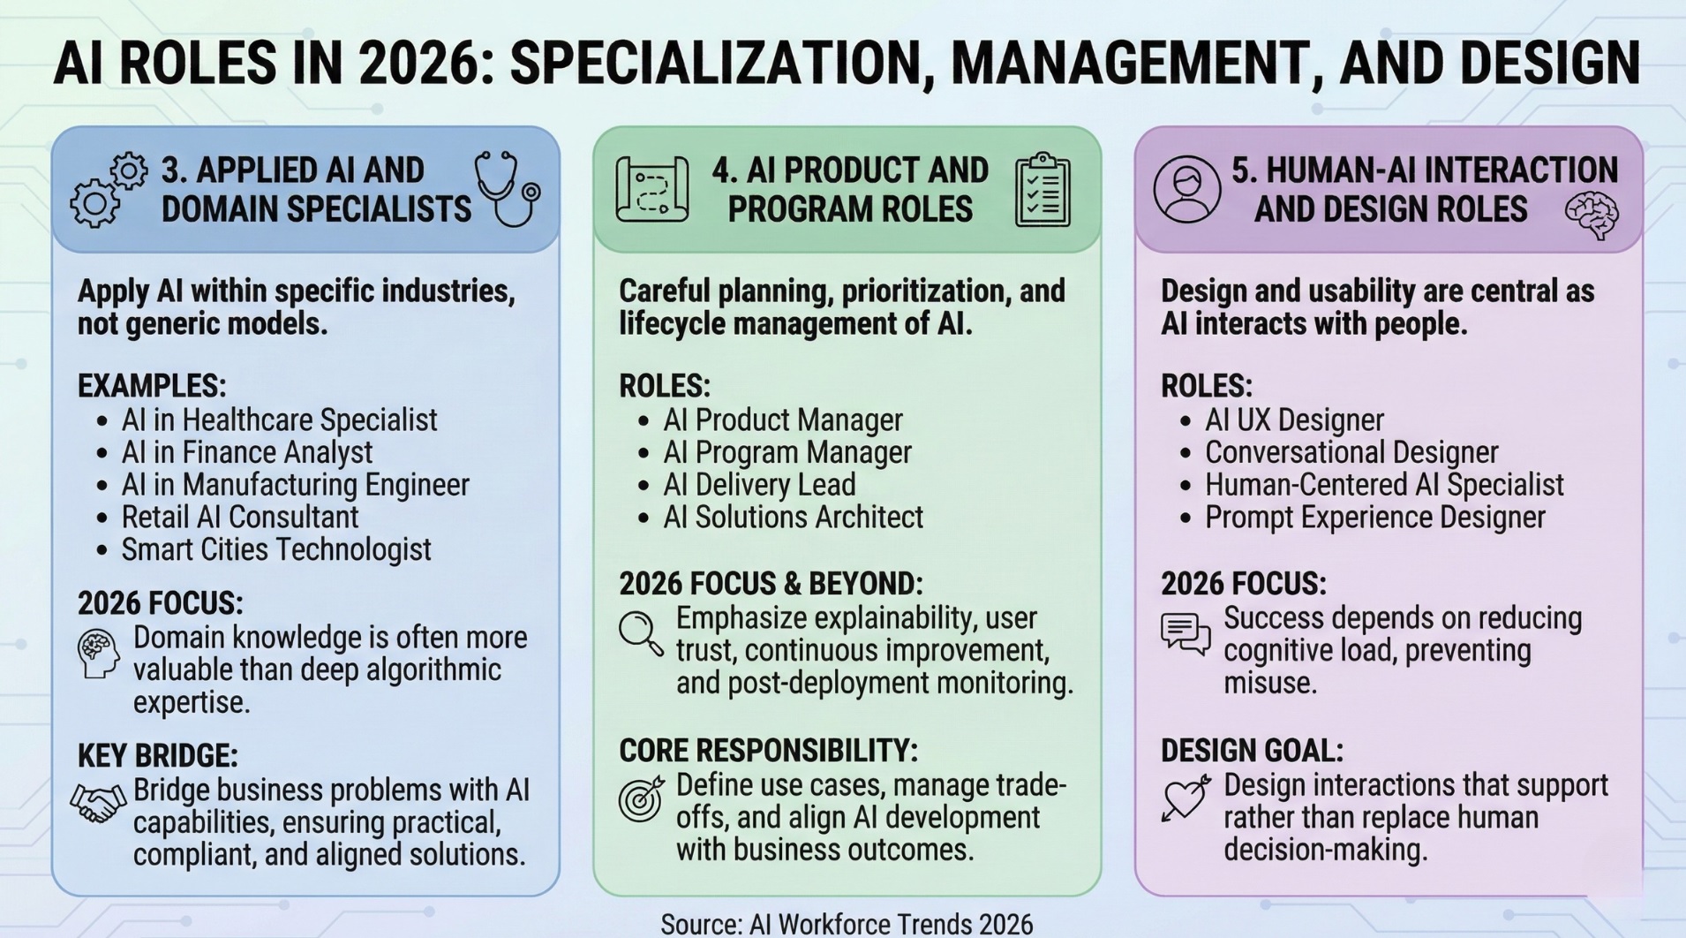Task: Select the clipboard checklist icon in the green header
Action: (x=1042, y=190)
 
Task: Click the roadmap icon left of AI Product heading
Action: (x=652, y=189)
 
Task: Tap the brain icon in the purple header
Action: (x=1592, y=216)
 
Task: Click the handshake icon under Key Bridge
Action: (x=98, y=803)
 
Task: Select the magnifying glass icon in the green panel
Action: (x=641, y=633)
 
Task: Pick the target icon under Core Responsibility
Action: (x=641, y=798)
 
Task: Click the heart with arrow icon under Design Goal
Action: (x=1185, y=798)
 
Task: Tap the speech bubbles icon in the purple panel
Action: (x=1185, y=634)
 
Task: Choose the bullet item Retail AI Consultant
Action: (x=239, y=517)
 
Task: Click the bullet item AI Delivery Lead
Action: (x=759, y=484)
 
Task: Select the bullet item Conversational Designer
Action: (x=1351, y=452)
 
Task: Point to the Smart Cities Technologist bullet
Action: (x=276, y=549)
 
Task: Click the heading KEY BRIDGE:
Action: (x=158, y=756)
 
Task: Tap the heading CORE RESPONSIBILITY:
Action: (x=768, y=751)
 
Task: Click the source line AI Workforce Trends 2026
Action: (x=847, y=924)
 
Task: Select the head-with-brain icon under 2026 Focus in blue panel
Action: (x=98, y=654)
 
